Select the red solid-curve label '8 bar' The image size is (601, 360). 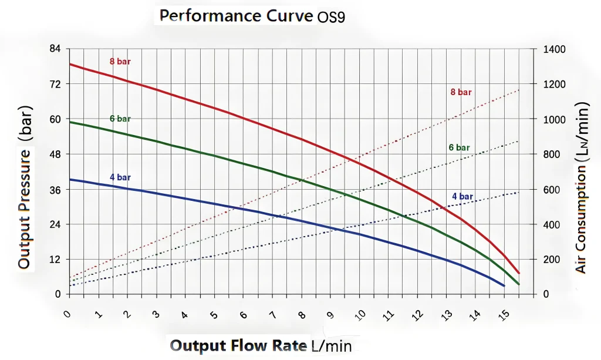click(x=120, y=62)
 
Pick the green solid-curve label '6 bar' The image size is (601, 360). click(x=120, y=119)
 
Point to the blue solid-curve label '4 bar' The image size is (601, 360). click(x=120, y=177)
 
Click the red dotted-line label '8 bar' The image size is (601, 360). click(x=461, y=92)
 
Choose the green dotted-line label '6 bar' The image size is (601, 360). click(x=460, y=147)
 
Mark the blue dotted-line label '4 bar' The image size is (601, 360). click(x=462, y=196)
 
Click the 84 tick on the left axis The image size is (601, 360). click(x=56, y=49)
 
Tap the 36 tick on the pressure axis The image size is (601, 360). click(x=56, y=190)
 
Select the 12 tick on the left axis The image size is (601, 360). click(x=56, y=260)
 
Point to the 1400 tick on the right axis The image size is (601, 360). click(x=554, y=49)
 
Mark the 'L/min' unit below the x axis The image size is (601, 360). click(x=331, y=345)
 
